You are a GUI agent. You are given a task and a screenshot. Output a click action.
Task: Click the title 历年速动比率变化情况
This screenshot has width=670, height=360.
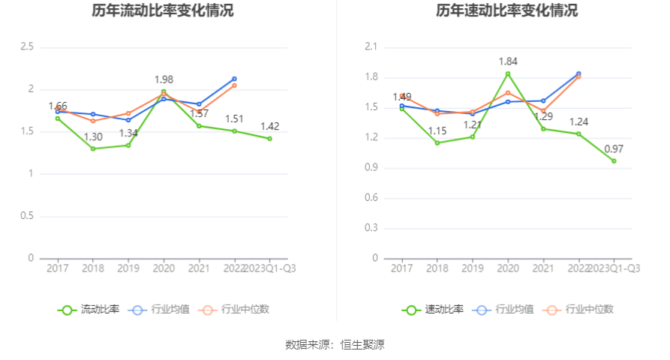pyautogui.click(x=508, y=11)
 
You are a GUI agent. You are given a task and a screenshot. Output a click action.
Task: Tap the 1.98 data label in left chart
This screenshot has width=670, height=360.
pyautogui.click(x=164, y=79)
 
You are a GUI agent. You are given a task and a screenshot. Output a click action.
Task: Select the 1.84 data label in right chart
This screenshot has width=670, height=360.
pyautogui.click(x=508, y=61)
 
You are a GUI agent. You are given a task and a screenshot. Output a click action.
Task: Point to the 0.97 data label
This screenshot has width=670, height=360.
pyautogui.click(x=614, y=149)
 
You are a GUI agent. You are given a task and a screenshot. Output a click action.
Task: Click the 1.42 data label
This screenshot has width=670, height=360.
pyautogui.click(x=270, y=127)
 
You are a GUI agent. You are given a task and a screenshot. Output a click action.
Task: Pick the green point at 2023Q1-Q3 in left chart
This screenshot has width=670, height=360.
pyautogui.click(x=269, y=139)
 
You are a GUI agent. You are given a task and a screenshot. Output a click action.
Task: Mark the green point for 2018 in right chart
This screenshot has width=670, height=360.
pyautogui.click(x=437, y=142)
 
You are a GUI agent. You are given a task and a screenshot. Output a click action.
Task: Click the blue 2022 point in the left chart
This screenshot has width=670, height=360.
pyautogui.click(x=234, y=79)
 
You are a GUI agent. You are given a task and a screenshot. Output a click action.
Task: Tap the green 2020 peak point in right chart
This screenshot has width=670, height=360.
pyautogui.click(x=508, y=73)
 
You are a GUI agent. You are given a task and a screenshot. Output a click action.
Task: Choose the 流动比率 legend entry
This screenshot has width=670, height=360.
pyautogui.click(x=89, y=309)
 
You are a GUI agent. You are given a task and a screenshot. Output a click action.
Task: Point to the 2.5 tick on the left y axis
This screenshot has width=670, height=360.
pyautogui.click(x=27, y=47)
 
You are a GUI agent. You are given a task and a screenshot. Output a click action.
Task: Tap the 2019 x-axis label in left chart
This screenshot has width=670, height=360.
pyautogui.click(x=128, y=268)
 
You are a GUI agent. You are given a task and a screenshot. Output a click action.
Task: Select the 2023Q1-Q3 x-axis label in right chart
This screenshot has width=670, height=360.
pyautogui.click(x=614, y=268)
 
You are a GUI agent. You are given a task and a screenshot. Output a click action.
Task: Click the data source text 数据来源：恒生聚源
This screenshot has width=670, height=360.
pyautogui.click(x=335, y=345)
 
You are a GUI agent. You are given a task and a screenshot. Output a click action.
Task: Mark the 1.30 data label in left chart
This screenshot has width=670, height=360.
pyautogui.click(x=93, y=137)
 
